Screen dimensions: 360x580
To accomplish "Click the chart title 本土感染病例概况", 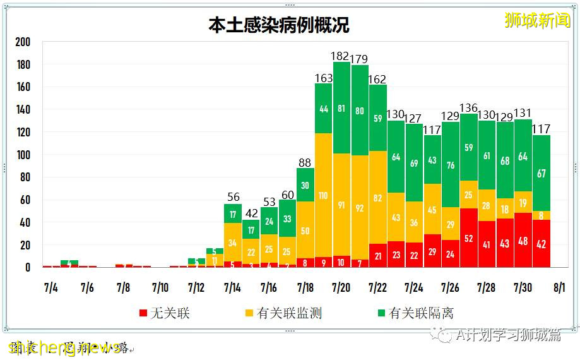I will pos(279,25).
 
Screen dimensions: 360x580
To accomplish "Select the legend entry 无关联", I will pos(163,313).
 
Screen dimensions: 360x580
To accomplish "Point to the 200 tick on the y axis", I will pos(23,42).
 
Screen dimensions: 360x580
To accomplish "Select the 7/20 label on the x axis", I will pos(341,288).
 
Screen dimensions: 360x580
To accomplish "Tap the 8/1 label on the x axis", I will pos(559,288).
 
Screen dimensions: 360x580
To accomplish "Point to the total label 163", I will pos(323,78).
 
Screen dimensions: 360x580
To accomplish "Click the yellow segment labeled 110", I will pos(323,195).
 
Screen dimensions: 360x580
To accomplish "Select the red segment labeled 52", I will pos(469,238).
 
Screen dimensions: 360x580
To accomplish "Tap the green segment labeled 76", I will pos(451,165).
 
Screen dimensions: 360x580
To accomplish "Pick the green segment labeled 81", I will pos(341,108).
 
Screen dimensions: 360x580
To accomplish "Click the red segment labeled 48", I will pos(523,240).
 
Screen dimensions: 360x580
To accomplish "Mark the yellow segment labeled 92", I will pos(360,207).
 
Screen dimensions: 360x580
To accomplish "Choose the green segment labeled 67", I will pos(542,173).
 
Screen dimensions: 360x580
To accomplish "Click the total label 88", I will pos(305,163).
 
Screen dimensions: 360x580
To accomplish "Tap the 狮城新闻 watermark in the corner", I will pos(537,20).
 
